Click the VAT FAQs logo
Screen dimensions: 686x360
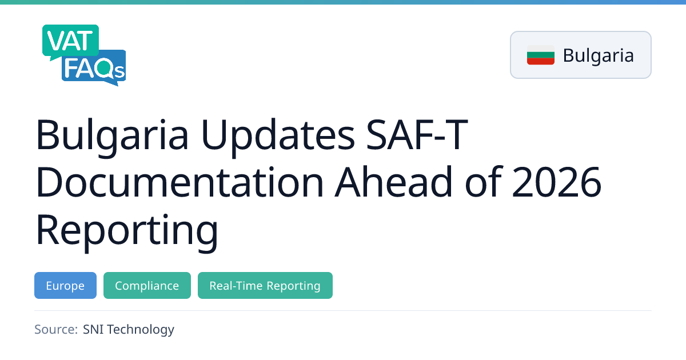[x=84, y=55]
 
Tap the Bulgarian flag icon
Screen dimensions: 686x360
[x=541, y=55]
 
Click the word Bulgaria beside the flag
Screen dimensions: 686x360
[x=598, y=55]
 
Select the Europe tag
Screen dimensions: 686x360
[x=65, y=285]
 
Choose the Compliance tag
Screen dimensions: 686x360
[x=147, y=285]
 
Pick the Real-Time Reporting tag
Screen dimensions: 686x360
[x=265, y=285]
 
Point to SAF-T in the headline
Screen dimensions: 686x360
[x=417, y=135]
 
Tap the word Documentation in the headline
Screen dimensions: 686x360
[x=180, y=182]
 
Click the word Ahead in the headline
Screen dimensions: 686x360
[x=393, y=182]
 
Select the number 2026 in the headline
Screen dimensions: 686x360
[x=556, y=182]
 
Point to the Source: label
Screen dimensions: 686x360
[x=56, y=329]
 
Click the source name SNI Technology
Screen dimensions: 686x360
[x=128, y=330]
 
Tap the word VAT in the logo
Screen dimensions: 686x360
[x=70, y=41]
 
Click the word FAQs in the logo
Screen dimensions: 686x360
[x=94, y=69]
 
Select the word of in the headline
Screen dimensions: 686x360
[x=483, y=182]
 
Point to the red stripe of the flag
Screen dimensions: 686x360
[x=541, y=62]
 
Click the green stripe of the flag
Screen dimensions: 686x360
[x=541, y=55]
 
